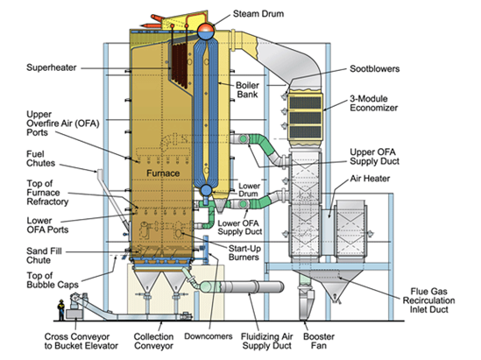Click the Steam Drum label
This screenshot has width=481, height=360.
click(258, 14)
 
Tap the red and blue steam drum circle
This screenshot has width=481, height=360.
click(206, 31)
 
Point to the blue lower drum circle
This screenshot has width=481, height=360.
click(206, 190)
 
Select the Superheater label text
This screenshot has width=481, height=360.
click(51, 67)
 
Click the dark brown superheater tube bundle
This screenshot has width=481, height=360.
click(179, 65)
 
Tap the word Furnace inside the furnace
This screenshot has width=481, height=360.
click(163, 173)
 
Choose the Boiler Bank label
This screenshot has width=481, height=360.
click(247, 89)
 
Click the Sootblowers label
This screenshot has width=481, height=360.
click(375, 68)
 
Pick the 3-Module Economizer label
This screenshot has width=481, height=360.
click(373, 103)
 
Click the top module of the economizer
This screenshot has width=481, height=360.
click(306, 102)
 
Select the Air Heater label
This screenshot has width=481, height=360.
click(370, 179)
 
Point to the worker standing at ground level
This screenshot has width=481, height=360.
click(61, 310)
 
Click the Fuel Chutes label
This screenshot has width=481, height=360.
click(41, 159)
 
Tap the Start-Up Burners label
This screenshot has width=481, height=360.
click(244, 252)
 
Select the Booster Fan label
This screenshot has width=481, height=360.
click(319, 341)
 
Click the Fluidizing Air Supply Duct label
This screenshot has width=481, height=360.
click(267, 341)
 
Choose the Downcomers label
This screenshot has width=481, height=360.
click(209, 336)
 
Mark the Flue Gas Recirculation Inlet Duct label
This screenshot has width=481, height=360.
click(428, 300)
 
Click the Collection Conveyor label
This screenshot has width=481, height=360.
click(153, 341)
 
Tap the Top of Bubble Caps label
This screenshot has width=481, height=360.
click(53, 280)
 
